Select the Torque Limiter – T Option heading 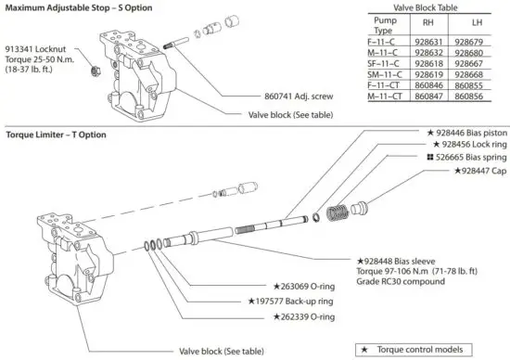click(x=56, y=135)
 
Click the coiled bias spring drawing click(x=346, y=213)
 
